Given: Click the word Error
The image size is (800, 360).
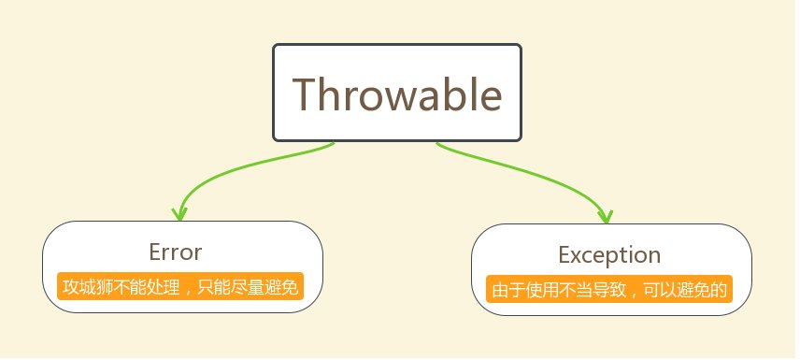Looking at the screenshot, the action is (176, 252).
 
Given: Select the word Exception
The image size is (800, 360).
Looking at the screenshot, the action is (609, 254).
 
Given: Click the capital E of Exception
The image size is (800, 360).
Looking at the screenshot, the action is (564, 254).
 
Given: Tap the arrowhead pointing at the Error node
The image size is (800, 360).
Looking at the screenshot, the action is (179, 214).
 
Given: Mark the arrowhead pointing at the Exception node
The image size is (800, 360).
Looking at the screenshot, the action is (606, 217).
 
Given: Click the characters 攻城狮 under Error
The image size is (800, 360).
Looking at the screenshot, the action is (87, 286).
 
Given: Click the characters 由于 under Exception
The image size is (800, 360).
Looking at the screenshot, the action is (507, 290).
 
